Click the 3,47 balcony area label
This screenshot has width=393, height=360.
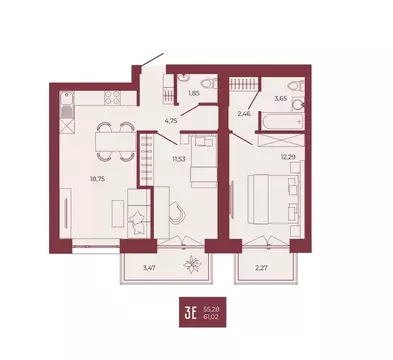point(149,269)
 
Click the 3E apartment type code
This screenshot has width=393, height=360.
point(187,311)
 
